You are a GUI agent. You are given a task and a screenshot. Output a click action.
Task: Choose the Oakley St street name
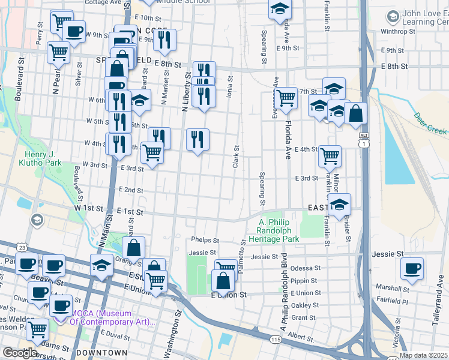pos(306,305)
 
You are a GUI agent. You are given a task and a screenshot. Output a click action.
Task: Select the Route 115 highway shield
pos(276,340)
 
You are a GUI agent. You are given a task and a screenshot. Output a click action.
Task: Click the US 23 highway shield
pos(22,247)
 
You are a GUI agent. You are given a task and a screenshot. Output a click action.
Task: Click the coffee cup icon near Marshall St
pos(412,268)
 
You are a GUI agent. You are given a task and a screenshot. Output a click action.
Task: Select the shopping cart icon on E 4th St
pos(330,155)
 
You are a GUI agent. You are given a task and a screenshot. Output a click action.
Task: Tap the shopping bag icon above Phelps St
pos(133,247)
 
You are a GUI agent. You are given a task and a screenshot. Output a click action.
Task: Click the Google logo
pos(19,353)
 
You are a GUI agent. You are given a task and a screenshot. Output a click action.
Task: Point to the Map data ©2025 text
pos(423,355)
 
